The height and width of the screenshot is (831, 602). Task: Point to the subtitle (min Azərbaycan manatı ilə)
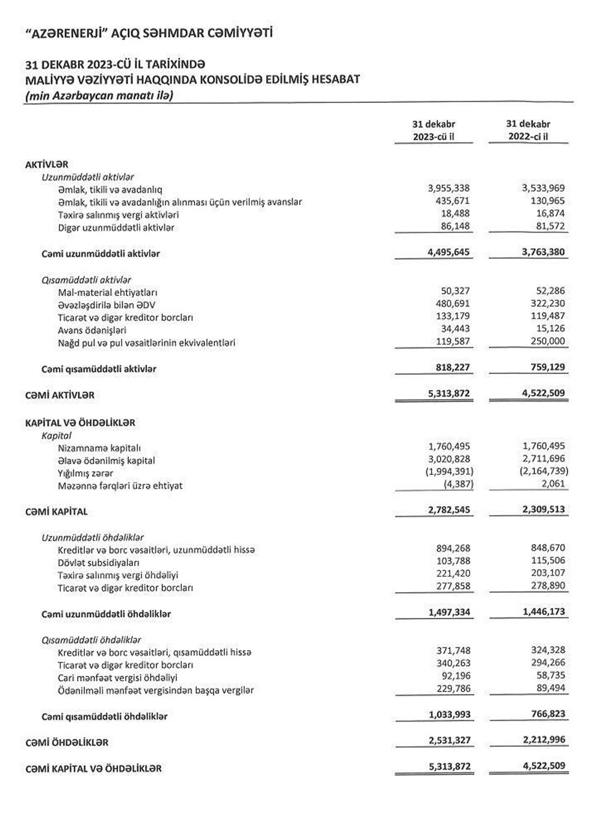point(99,95)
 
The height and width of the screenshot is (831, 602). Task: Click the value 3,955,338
point(448,188)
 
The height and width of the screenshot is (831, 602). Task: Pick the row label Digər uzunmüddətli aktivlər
point(116,227)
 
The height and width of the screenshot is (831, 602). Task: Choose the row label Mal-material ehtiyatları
point(108,292)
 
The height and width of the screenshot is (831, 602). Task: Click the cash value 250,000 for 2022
point(548,341)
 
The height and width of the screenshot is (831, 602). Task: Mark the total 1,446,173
point(544,612)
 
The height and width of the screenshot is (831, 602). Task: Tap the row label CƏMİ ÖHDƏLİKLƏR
point(67,743)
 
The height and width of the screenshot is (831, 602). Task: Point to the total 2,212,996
point(544,740)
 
